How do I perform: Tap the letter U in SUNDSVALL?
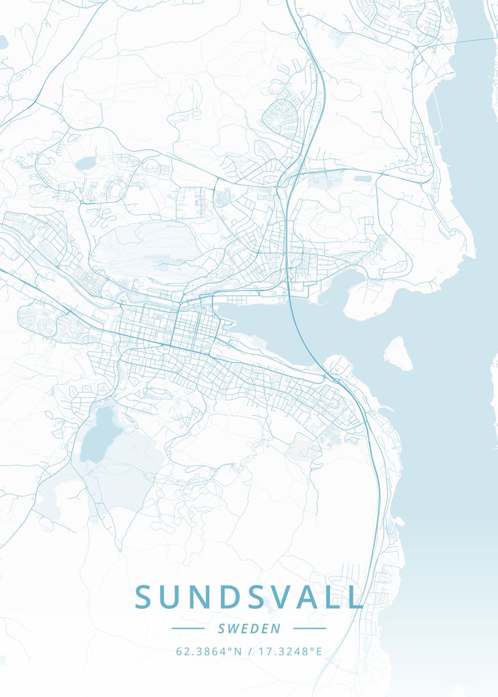coord(172,597)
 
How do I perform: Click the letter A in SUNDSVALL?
coord(309,597)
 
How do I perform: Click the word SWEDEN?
coord(249,628)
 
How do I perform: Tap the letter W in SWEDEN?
coord(233,628)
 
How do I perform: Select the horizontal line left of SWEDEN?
coord(188,628)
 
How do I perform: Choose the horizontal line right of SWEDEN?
coord(310,628)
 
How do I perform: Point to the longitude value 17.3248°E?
coord(289,651)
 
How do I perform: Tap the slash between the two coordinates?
coord(249,651)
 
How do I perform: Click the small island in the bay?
coord(398,353)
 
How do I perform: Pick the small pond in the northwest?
coord(86,162)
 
